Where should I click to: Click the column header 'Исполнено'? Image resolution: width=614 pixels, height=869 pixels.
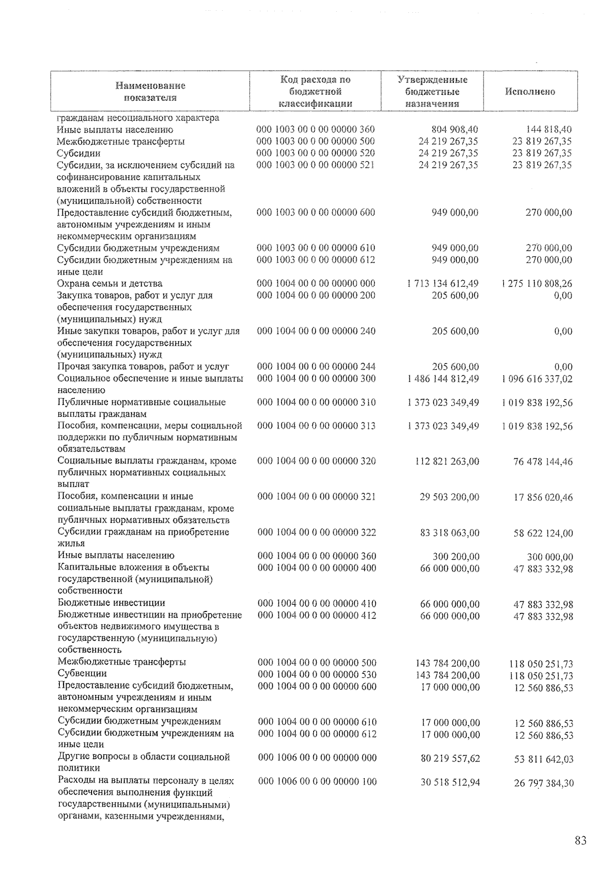(530, 92)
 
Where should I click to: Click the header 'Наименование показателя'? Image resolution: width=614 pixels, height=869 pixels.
(150, 92)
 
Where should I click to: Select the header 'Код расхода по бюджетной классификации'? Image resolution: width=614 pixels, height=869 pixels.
(315, 92)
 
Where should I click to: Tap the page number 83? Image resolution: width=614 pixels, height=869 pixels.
(580, 840)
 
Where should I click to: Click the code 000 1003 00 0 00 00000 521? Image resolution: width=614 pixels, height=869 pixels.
(315, 165)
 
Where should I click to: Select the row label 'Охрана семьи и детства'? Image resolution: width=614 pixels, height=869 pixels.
(110, 284)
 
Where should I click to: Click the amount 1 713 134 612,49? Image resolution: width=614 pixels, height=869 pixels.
(443, 284)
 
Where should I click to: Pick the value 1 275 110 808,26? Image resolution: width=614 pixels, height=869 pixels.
(537, 284)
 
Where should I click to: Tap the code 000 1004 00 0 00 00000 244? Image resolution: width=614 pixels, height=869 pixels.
(316, 367)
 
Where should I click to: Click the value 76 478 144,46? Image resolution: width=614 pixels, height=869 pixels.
(543, 462)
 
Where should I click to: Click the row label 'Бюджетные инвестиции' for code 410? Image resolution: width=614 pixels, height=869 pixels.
(112, 603)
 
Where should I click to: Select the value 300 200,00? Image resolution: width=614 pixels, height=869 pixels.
(455, 557)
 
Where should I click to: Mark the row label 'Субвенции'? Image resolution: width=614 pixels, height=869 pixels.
(82, 674)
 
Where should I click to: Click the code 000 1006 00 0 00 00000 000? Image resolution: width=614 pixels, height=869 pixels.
(317, 758)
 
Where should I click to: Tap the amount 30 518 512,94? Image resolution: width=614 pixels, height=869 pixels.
(450, 782)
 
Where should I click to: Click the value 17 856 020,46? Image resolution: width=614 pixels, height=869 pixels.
(543, 497)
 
